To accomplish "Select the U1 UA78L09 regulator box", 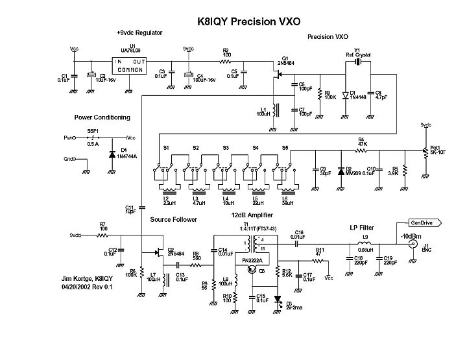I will [x=129, y=65].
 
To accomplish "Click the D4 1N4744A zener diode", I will [x=112, y=154].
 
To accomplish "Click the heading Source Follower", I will [x=173, y=220].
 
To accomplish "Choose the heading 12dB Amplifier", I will [x=252, y=215].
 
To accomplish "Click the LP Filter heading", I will [x=357, y=228].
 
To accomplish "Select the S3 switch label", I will [x=226, y=149].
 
